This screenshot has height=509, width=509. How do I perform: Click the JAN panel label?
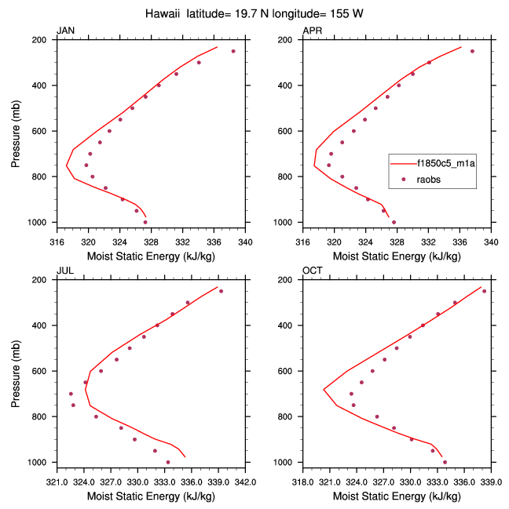66,31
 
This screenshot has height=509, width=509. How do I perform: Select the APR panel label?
313,31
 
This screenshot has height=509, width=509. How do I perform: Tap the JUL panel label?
65,271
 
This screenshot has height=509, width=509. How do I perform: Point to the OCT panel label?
313,271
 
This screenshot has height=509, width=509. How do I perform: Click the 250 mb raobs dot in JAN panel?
233,51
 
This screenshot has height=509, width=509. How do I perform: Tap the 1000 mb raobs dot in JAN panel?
145,222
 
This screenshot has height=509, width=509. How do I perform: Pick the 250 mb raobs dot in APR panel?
472,51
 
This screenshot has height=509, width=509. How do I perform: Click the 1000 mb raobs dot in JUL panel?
168,462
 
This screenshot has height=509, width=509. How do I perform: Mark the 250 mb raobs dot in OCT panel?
485,291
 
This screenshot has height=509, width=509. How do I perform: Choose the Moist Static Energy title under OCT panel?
397,496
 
